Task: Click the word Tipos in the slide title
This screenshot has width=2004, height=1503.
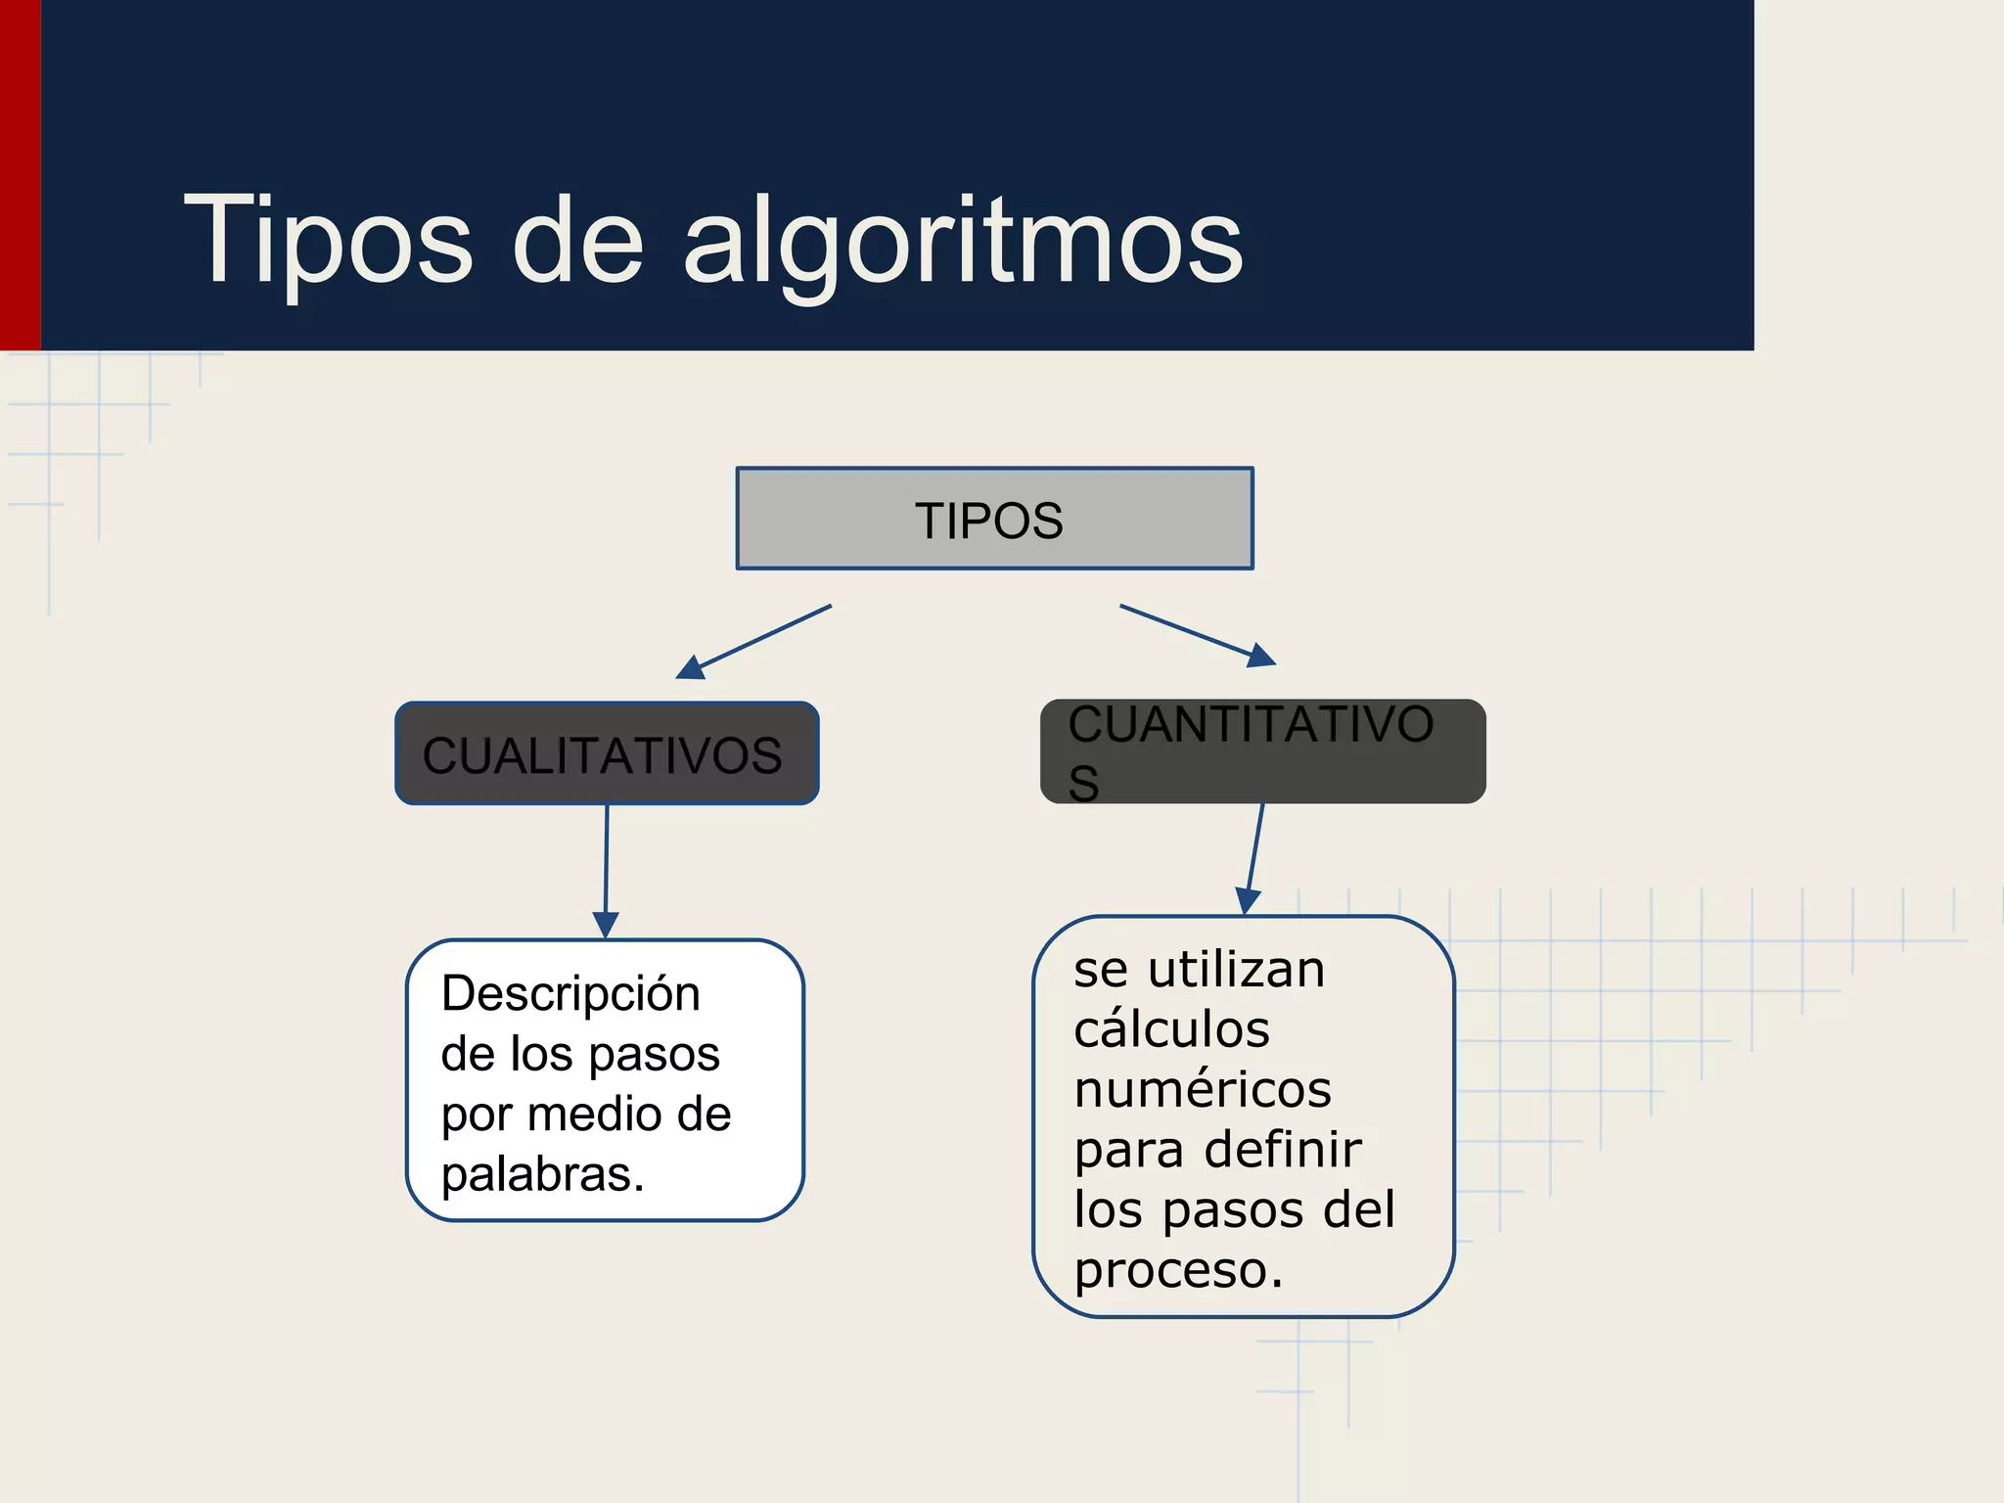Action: click(328, 240)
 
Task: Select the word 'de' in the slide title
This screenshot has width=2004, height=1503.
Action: click(577, 240)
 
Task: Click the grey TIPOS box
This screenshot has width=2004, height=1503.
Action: click(993, 520)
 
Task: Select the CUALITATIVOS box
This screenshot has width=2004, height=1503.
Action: click(606, 754)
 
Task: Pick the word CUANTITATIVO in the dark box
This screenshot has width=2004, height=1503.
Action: click(1250, 725)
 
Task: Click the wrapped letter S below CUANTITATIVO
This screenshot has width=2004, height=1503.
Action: click(1083, 784)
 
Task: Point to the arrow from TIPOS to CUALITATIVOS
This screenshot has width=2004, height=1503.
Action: click(753, 642)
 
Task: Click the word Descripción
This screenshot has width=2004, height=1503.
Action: click(570, 994)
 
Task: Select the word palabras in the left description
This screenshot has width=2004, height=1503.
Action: click(541, 1173)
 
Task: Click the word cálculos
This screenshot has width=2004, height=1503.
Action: click(1171, 1029)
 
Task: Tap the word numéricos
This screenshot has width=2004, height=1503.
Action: click(1203, 1089)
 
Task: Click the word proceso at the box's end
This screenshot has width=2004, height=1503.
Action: click(1177, 1269)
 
